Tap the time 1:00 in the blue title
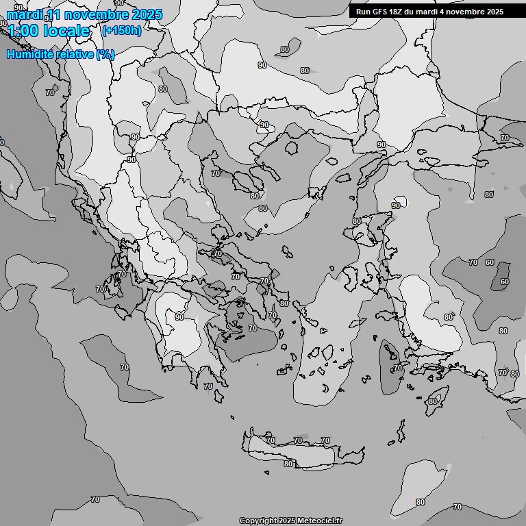[x=23, y=31]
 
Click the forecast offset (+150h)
[x=122, y=30]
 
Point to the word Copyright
[x=258, y=521]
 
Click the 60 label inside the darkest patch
[x=504, y=281]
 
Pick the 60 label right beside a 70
[x=489, y=262]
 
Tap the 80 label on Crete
[x=288, y=464]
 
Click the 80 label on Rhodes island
[x=432, y=401]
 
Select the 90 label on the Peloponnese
[x=179, y=317]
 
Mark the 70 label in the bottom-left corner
[x=95, y=499]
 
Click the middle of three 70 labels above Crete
[x=297, y=440]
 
